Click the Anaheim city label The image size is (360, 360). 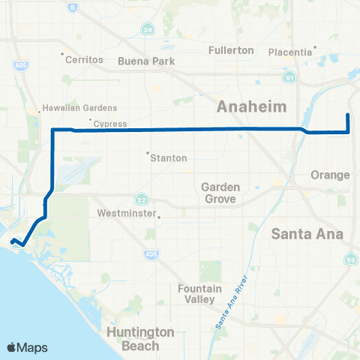(x=252, y=107)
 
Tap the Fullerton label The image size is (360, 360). (x=230, y=50)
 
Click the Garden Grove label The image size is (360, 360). (x=220, y=193)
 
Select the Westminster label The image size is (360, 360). (x=127, y=213)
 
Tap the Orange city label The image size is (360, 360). (x=331, y=175)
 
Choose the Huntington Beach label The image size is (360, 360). (x=142, y=339)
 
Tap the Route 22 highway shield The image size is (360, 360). (x=142, y=199)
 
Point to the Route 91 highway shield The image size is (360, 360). (x=289, y=77)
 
